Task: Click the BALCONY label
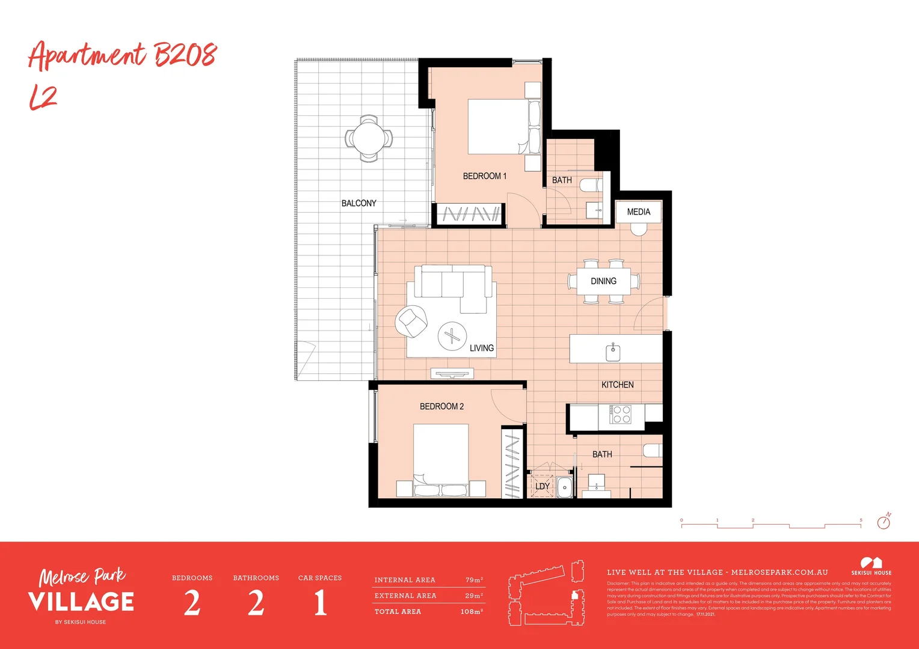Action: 358,203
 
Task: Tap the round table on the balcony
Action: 369,138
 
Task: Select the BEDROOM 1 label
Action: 484,176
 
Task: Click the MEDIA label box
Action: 638,212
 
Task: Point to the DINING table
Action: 603,281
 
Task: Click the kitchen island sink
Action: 613,352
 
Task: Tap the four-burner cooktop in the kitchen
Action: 621,415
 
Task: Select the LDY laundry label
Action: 542,486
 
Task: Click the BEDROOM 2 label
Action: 441,406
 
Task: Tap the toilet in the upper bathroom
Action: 591,186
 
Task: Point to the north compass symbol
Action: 884,521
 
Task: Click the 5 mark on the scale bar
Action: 861,520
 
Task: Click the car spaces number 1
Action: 320,603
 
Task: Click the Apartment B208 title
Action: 122,56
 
